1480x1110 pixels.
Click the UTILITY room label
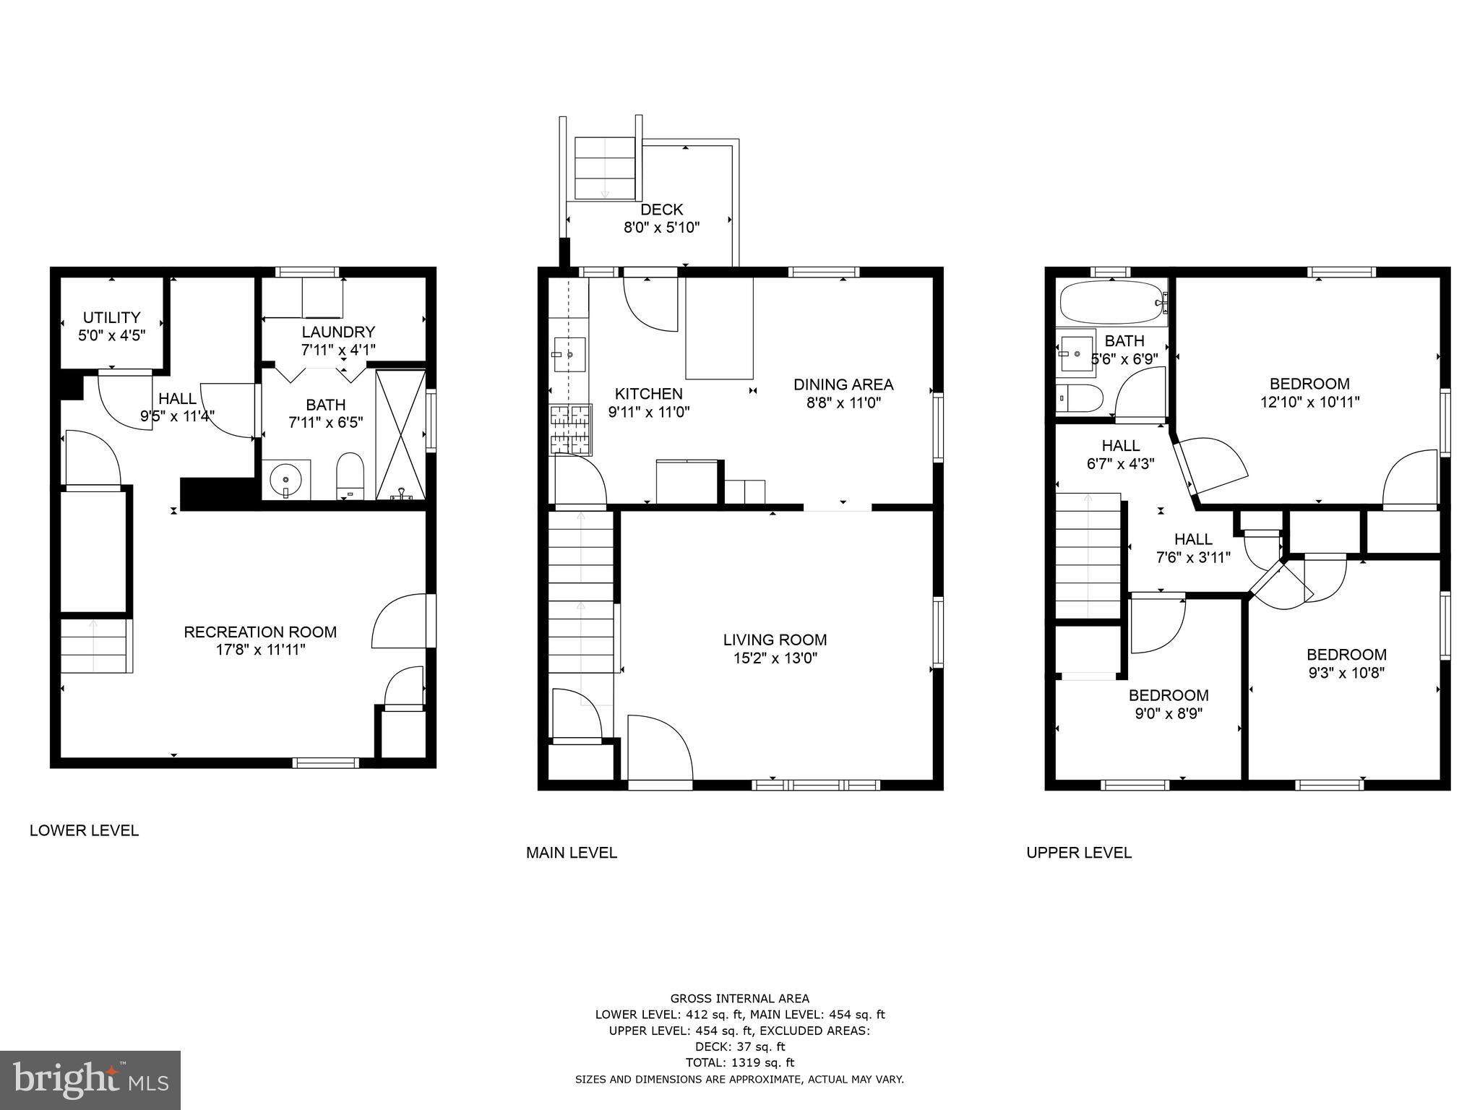[111, 317]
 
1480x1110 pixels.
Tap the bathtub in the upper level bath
[1113, 304]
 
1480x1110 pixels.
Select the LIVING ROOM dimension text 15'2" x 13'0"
[775, 658]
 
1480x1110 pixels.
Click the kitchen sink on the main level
[569, 354]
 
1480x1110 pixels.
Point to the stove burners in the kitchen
[570, 429]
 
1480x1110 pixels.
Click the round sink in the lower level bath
[286, 478]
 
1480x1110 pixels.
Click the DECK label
[661, 210]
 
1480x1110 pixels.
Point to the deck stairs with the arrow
[604, 168]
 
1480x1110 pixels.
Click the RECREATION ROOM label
[260, 632]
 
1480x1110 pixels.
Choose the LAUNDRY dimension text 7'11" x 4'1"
[338, 350]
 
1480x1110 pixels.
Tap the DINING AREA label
[843, 384]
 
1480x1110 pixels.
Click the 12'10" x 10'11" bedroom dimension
[1309, 403]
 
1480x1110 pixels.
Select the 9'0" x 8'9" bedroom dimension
[1169, 714]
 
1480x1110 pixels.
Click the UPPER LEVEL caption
[1079, 853]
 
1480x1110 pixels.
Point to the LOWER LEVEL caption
[84, 831]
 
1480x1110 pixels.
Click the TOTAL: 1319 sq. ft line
[739, 1062]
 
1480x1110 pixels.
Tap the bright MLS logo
[90, 1080]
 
